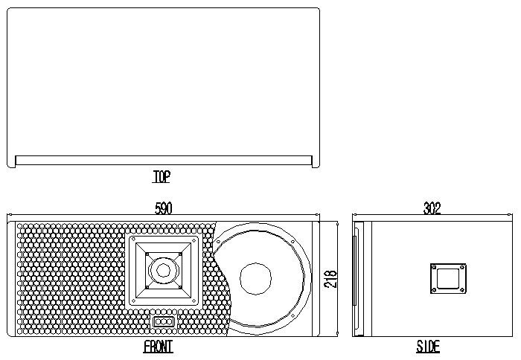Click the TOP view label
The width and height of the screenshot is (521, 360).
pyautogui.click(x=162, y=176)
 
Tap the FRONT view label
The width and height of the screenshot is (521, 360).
pyautogui.click(x=158, y=347)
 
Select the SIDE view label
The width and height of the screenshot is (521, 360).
pyautogui.click(x=428, y=347)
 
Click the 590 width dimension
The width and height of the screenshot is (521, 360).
pyautogui.click(x=164, y=208)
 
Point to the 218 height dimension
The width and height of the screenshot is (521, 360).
pyautogui.click(x=330, y=279)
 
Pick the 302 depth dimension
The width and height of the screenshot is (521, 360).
pyautogui.click(x=432, y=208)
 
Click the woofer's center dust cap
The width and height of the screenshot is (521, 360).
pyautogui.click(x=255, y=279)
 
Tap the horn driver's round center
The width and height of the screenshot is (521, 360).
pyautogui.click(x=163, y=270)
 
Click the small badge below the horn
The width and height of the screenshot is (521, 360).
pyautogui.click(x=164, y=321)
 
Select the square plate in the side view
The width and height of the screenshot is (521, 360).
pyautogui.click(x=448, y=278)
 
